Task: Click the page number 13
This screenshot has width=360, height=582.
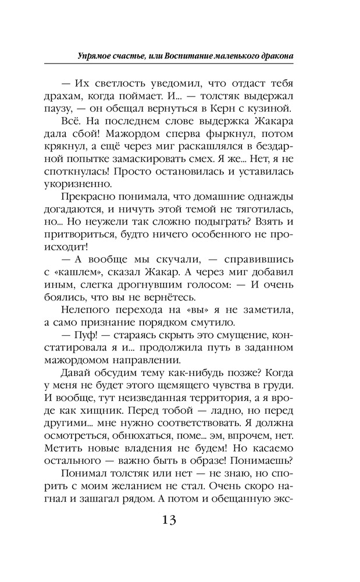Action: (180, 520)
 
